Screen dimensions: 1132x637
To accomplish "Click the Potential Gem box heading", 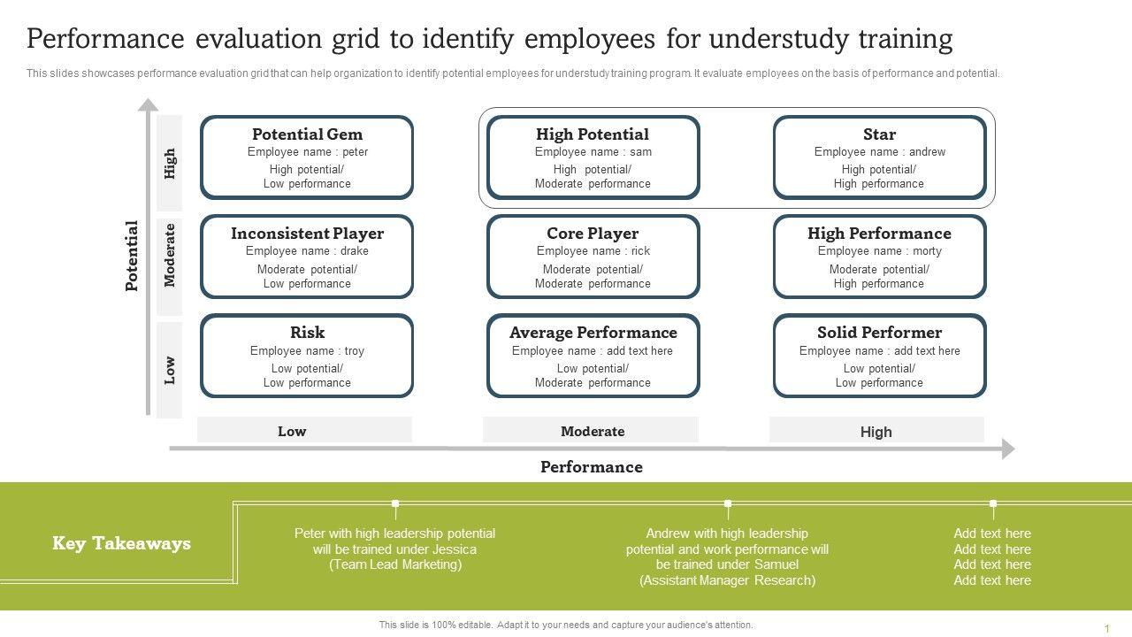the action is coord(307,134).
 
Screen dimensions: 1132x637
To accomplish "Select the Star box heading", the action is coord(879,134).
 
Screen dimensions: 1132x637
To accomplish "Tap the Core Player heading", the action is coord(593,234).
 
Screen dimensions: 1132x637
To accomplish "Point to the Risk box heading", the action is coord(307,333).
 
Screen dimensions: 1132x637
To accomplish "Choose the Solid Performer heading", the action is coord(879,333).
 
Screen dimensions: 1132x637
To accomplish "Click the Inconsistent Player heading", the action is coord(307,234).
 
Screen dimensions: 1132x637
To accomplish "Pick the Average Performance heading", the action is coord(593,333).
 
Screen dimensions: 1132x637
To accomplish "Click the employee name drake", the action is coord(354,251).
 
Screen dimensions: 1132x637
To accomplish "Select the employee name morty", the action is coord(927,251).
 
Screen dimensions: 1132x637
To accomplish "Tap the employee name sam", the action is coord(641,152).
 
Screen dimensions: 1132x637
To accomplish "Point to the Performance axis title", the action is coord(592,467).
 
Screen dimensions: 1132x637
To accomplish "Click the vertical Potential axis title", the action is coord(132,256).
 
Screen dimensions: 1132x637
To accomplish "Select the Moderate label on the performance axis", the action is coord(593,432).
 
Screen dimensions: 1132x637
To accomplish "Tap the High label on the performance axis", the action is coord(876,433).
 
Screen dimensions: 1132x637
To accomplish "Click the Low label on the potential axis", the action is coord(170,370).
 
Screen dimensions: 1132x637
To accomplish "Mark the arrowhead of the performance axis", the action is coord(1008,449).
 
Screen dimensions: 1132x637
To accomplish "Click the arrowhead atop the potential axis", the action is coord(148,104).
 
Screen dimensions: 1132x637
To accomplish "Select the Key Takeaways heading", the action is coord(121,543).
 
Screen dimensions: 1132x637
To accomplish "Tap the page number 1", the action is coord(1106,628).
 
